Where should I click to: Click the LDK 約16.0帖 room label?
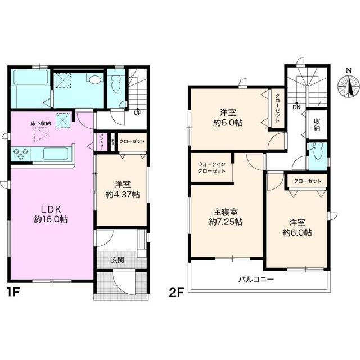51,214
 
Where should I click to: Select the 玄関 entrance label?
118,260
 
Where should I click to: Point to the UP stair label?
137,112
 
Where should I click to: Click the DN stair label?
296,107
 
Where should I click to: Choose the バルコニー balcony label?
256,280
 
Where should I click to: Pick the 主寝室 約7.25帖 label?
226,217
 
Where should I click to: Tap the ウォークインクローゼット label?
211,168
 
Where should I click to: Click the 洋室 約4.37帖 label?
123,190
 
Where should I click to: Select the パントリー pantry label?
101,142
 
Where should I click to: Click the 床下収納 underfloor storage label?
40,124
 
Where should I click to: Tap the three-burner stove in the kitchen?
21,154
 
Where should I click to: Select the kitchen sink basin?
56,153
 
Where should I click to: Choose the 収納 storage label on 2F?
317,124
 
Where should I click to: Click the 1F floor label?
14,292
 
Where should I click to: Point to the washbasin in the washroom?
95,80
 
